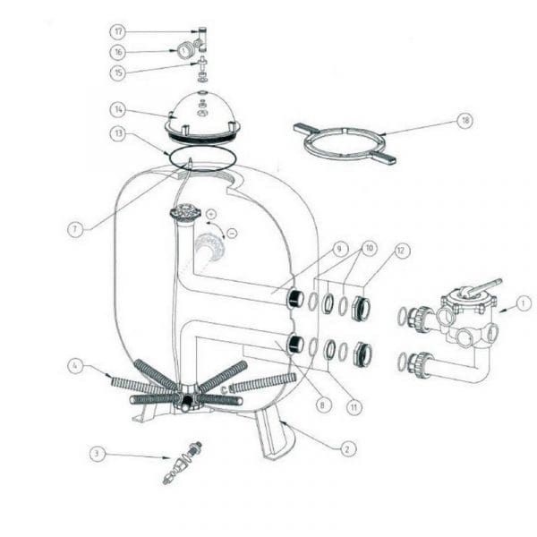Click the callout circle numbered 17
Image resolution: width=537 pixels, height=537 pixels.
click(118, 31)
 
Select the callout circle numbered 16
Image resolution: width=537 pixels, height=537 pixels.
click(118, 52)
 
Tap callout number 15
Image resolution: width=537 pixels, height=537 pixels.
click(118, 72)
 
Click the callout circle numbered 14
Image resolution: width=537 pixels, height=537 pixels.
click(118, 109)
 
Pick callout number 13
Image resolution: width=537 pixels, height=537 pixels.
click(118, 133)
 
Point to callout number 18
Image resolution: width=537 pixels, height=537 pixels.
click(465, 120)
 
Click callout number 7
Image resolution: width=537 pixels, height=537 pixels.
click(75, 229)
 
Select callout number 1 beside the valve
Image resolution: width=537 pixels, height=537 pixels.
click(523, 303)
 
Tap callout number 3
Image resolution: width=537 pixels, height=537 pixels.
click(98, 454)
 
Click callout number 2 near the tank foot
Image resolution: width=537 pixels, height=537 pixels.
click(347, 448)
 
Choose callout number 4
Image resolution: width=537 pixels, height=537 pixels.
click(75, 366)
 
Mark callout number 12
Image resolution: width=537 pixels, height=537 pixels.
click(401, 251)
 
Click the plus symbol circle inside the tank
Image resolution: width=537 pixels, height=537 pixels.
click(211, 215)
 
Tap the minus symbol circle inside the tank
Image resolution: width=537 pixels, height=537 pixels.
click(232, 234)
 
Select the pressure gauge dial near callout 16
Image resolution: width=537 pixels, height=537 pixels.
click(183, 51)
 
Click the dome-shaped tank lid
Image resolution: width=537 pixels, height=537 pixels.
click(202, 115)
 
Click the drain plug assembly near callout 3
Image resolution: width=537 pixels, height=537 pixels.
click(182, 463)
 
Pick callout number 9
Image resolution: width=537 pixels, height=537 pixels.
click(339, 249)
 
